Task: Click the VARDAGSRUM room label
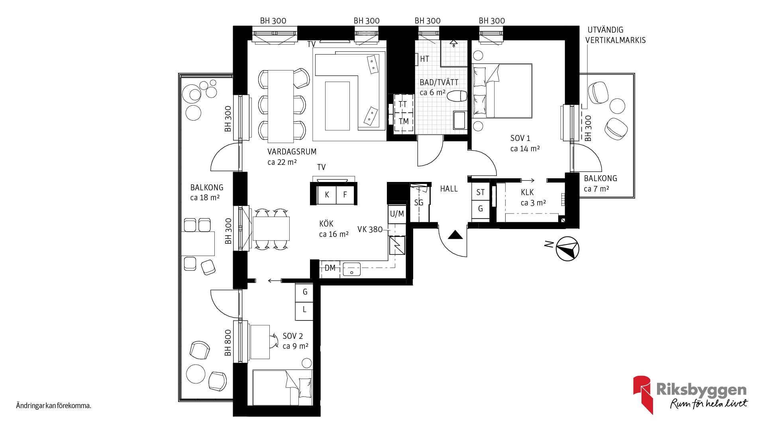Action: coord(292,152)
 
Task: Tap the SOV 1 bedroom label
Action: coord(520,138)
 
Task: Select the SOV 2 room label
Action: coord(293,336)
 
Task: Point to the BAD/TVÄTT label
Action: coord(439,82)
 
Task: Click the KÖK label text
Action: coord(326,224)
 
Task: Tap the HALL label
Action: coord(449,189)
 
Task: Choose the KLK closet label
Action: coord(527,192)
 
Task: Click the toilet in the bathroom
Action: coord(457,96)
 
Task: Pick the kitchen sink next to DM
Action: coord(351,269)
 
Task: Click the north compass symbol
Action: coord(567,249)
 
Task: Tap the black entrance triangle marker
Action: coord(455,235)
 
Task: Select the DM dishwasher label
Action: coord(330,268)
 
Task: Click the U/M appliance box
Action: coord(397,214)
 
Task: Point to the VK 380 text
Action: coord(370,229)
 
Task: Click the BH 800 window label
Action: coord(228,343)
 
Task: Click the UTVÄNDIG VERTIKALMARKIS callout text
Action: coord(616,35)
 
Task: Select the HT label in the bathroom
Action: coord(425,59)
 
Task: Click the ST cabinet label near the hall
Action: coord(481,192)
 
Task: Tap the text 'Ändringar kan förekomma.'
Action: coord(54,406)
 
